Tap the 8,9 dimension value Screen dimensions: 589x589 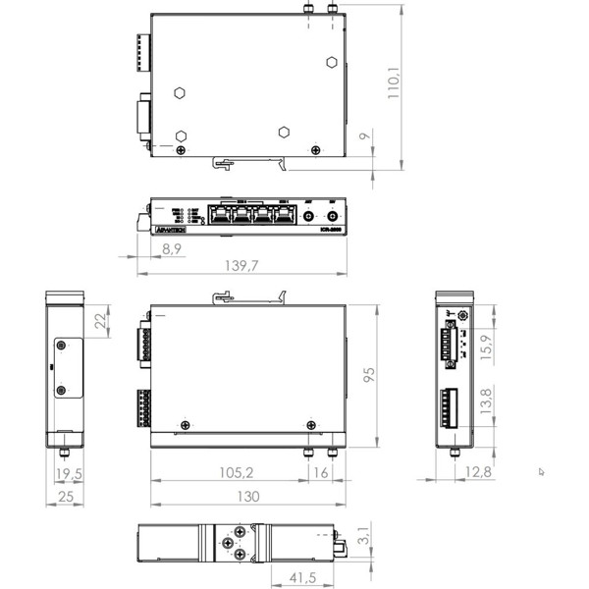(x=171, y=249)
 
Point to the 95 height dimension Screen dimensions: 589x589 (x=370, y=375)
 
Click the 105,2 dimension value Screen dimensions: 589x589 (x=229, y=473)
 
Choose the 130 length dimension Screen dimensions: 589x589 (x=248, y=497)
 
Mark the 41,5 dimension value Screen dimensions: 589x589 (x=293, y=576)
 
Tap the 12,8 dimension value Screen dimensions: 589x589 (x=479, y=473)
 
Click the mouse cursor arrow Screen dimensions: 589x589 (x=541, y=471)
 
